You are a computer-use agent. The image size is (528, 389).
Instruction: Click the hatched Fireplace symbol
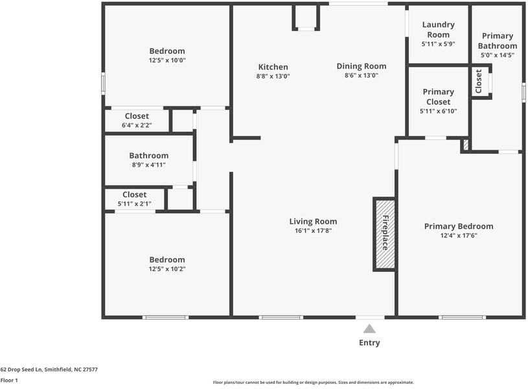click(x=384, y=233)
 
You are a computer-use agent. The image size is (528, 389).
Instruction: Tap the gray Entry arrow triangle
click(x=369, y=329)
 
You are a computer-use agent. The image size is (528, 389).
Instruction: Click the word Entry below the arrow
click(x=369, y=343)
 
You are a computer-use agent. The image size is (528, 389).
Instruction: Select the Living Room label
click(x=313, y=222)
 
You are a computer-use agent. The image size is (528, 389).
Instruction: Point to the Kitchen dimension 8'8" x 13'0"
click(x=273, y=76)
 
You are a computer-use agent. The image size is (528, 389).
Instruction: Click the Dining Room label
click(x=361, y=66)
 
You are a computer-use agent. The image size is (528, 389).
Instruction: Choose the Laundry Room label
click(x=439, y=29)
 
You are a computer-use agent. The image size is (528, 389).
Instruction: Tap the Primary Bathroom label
click(x=498, y=41)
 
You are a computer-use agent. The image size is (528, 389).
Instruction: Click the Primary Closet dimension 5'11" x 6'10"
click(x=439, y=111)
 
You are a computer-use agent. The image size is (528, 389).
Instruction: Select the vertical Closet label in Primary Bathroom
click(x=479, y=81)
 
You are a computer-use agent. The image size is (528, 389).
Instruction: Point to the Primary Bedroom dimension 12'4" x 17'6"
click(x=459, y=235)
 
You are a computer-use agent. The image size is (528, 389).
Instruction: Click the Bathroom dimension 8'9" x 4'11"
click(x=148, y=165)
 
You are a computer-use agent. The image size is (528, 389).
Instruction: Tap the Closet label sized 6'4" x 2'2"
click(x=137, y=116)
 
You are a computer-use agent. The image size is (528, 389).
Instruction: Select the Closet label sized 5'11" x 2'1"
click(x=134, y=194)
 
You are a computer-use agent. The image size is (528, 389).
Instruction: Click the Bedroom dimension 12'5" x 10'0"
click(x=166, y=60)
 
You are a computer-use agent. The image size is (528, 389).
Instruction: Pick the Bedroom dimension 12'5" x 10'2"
click(x=166, y=268)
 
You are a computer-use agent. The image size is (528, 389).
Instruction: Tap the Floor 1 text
click(x=9, y=381)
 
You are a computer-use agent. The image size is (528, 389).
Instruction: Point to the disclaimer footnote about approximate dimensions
click(x=313, y=383)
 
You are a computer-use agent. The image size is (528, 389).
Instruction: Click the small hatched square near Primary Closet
click(x=465, y=145)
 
